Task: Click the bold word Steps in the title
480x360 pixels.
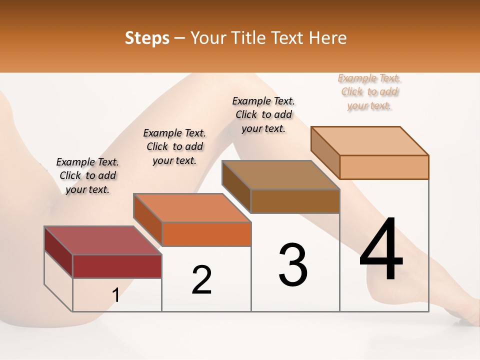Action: [147, 37]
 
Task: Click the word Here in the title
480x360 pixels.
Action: [327, 37]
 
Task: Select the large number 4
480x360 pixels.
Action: [381, 250]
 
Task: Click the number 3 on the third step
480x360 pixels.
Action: [293, 265]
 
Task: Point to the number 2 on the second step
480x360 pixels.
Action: [202, 280]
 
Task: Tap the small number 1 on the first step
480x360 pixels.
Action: [116, 295]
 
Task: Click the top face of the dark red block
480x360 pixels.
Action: [102, 240]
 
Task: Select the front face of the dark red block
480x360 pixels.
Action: [117, 266]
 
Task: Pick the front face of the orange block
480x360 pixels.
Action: [206, 234]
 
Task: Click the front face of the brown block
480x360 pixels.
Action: [295, 201]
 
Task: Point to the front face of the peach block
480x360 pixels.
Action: [384, 167]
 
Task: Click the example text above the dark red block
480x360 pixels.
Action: [87, 175]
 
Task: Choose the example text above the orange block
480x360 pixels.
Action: [174, 146]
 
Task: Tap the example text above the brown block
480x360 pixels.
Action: [263, 114]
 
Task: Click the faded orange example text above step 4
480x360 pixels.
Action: [369, 91]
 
